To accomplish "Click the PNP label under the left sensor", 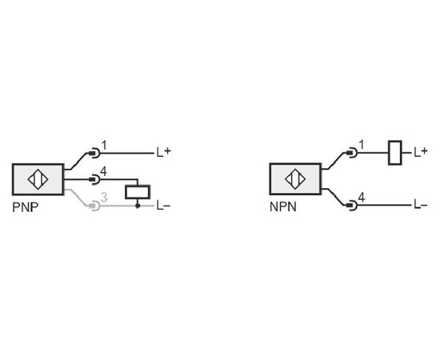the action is tap(26, 207).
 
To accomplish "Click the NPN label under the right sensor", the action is tap(283, 207).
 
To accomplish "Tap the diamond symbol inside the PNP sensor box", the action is tap(38, 179).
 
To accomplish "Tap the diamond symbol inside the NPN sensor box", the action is tap(295, 178).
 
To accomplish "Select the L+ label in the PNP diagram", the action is tap(163, 152).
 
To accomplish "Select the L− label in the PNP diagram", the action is tap(163, 206).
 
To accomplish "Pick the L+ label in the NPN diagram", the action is tap(421, 152).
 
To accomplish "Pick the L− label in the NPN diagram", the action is tap(421, 205).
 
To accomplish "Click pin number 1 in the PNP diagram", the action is tap(104, 146).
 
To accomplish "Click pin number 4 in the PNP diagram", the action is tap(103, 171).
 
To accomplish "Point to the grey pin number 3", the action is tap(104, 198).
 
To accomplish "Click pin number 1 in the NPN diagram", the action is tap(362, 145).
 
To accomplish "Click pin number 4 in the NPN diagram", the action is tap(362, 198).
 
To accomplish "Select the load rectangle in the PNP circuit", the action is tap(138, 192).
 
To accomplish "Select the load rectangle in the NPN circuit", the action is tap(395, 153).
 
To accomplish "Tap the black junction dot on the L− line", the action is tap(138, 206).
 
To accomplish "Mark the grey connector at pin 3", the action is tap(94, 206).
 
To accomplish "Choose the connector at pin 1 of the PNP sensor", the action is tap(94, 154).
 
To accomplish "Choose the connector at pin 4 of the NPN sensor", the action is tap(352, 205).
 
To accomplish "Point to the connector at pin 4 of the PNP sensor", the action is tap(94, 179).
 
